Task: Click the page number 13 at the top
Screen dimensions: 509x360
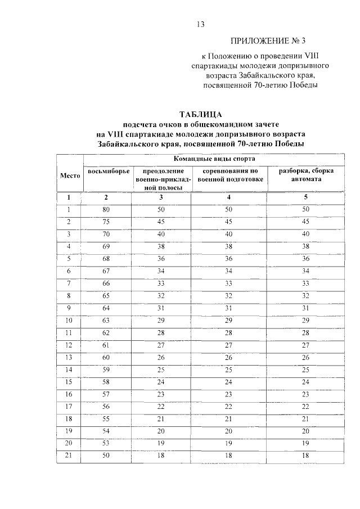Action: click(x=199, y=24)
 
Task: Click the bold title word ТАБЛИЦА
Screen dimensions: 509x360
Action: click(x=201, y=115)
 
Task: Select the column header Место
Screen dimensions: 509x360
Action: click(x=70, y=175)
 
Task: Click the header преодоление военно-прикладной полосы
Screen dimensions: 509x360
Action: click(x=160, y=179)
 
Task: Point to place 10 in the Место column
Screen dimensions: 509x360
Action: click(x=70, y=319)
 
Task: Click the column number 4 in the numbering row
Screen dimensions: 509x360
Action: click(x=228, y=197)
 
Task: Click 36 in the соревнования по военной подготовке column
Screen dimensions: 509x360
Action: click(x=228, y=258)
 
